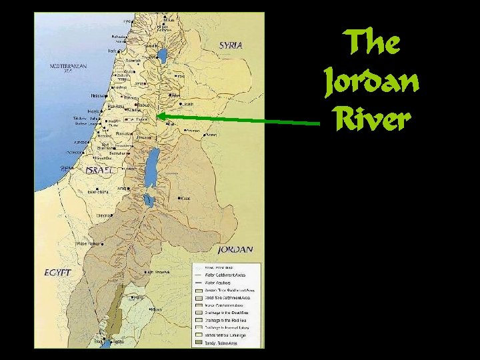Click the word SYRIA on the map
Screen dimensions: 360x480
coord(231,45)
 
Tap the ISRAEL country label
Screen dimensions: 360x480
coord(99,170)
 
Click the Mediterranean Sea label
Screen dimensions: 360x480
coord(68,67)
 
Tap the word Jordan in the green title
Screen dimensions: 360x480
coord(371,82)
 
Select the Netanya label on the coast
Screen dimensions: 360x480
coord(100,95)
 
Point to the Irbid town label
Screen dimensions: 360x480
coord(179,75)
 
